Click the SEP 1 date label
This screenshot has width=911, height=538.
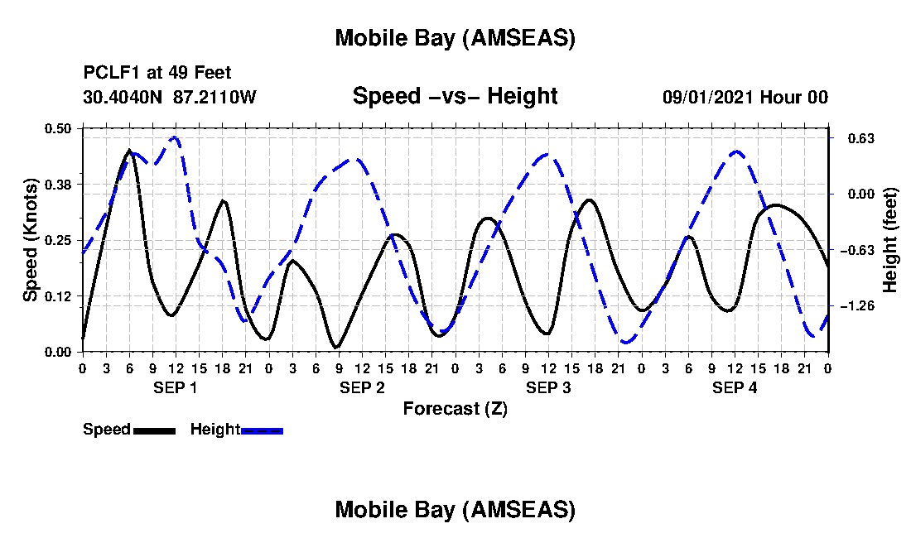(x=176, y=387)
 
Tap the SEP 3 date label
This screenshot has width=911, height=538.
(x=548, y=387)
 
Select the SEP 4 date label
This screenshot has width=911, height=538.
(x=735, y=387)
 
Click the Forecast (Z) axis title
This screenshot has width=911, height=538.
(x=455, y=408)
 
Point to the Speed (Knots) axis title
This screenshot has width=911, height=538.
(x=31, y=239)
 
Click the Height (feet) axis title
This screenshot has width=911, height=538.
(x=890, y=239)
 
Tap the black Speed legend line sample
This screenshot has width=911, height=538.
(x=154, y=430)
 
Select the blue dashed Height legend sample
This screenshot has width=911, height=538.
(x=263, y=430)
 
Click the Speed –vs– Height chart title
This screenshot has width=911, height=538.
(x=455, y=96)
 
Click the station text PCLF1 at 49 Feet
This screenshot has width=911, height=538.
(x=157, y=73)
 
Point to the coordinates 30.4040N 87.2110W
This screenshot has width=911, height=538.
(x=170, y=97)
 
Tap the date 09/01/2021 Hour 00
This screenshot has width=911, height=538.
(x=745, y=97)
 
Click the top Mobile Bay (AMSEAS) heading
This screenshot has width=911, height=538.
(x=455, y=38)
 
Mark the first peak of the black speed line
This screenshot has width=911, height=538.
(x=129, y=150)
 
